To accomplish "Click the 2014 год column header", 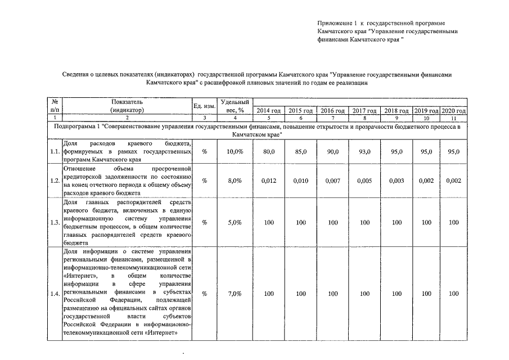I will point(269,111).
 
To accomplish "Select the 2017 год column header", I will point(364,111).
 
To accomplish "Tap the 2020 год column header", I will point(454,111).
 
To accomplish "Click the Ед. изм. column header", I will point(204,106).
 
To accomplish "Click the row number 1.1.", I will point(55,152).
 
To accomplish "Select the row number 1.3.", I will point(55,222).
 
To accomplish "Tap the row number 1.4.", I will point(55,294).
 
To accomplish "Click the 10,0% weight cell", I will point(235,152).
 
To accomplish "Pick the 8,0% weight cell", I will point(235,181).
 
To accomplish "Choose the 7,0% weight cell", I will point(235,294).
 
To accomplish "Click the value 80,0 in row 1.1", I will point(269,152).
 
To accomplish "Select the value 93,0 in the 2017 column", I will point(364,152).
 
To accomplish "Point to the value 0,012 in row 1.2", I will point(269,181).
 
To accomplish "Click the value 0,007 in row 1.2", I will point(332,181).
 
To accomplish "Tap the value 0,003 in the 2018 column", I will point(397,181).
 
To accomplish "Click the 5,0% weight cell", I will point(235,222).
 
